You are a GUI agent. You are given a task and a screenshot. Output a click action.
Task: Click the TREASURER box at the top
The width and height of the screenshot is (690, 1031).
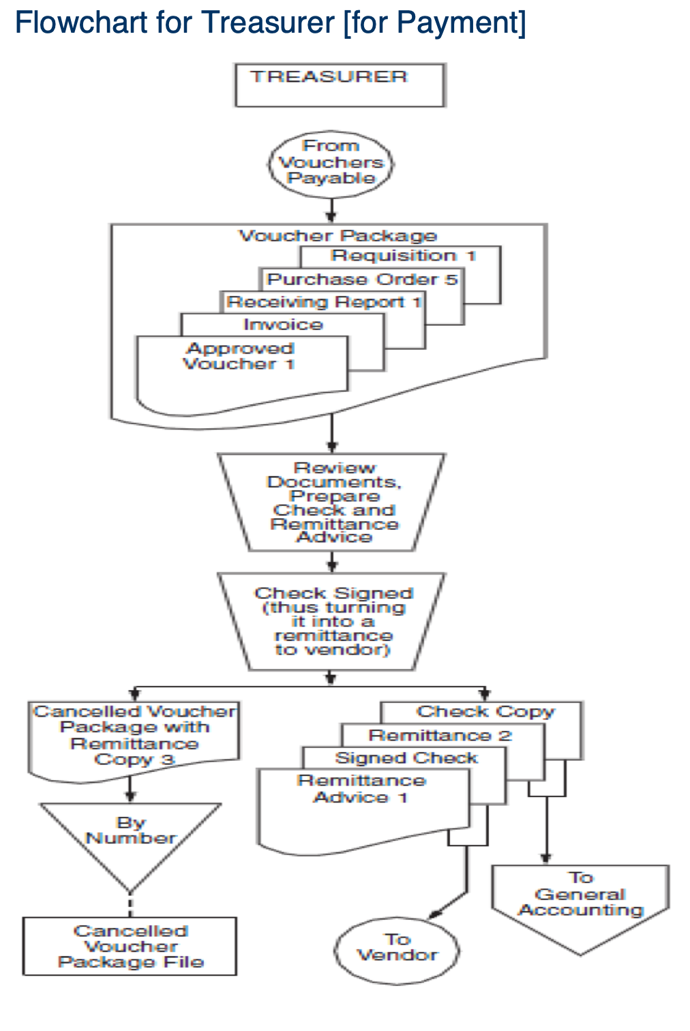(x=340, y=85)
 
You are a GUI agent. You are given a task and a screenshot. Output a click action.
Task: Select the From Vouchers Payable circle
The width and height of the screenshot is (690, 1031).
(x=331, y=163)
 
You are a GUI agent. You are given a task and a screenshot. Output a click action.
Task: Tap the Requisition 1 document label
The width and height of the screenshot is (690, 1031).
(x=403, y=256)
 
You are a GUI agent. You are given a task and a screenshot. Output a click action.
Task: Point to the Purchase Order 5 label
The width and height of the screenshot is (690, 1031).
(x=362, y=280)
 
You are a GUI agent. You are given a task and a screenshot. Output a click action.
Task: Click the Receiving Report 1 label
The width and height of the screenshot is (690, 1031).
(x=324, y=302)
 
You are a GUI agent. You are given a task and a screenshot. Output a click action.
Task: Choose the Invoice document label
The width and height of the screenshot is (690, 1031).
(x=283, y=325)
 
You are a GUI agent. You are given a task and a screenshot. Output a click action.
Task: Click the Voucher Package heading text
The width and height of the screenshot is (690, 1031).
(x=337, y=236)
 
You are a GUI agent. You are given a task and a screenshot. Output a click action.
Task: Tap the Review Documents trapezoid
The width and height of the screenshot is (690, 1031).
(x=332, y=503)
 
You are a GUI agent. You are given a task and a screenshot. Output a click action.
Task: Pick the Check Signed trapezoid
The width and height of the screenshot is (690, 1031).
(x=332, y=621)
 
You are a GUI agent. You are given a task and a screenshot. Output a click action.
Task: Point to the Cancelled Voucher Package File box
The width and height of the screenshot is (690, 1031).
(x=130, y=946)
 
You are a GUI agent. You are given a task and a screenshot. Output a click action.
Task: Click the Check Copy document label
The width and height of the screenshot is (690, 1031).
(x=485, y=712)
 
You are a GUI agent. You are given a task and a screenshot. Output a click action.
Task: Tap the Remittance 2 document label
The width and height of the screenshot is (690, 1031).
(x=440, y=735)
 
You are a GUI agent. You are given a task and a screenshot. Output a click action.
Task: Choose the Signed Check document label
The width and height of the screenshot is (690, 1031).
(x=406, y=758)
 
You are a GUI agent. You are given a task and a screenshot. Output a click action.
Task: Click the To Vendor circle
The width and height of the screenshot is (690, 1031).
(x=397, y=948)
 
